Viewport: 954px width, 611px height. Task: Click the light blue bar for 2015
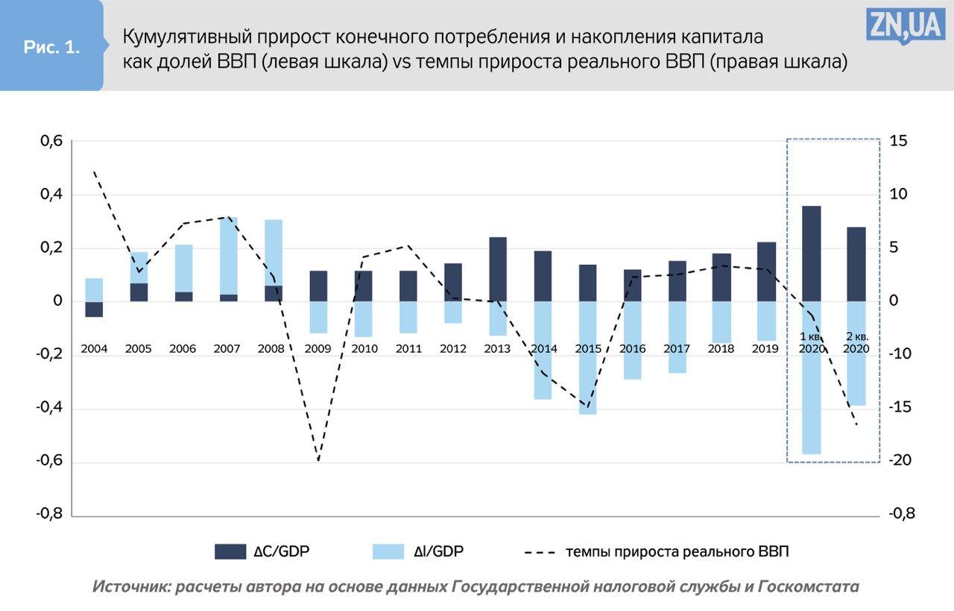pyautogui.click(x=588, y=357)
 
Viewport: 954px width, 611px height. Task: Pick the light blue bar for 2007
pyautogui.click(x=228, y=256)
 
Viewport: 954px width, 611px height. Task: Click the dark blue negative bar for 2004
pyautogui.click(x=94, y=309)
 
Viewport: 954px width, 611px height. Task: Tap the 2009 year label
pyautogui.click(x=318, y=348)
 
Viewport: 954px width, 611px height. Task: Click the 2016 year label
pyautogui.click(x=632, y=348)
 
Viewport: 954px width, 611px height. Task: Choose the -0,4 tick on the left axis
pyautogui.click(x=50, y=408)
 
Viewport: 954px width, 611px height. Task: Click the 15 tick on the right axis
pyautogui.click(x=897, y=142)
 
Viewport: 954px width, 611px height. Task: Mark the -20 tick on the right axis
pyautogui.click(x=899, y=461)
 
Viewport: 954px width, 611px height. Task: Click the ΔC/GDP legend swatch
pyautogui.click(x=230, y=552)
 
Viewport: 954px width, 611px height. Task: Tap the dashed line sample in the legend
pyautogui.click(x=540, y=552)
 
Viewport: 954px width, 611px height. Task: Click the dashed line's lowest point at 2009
pyautogui.click(x=318, y=460)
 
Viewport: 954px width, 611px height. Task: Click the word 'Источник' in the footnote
pyautogui.click(x=129, y=586)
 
